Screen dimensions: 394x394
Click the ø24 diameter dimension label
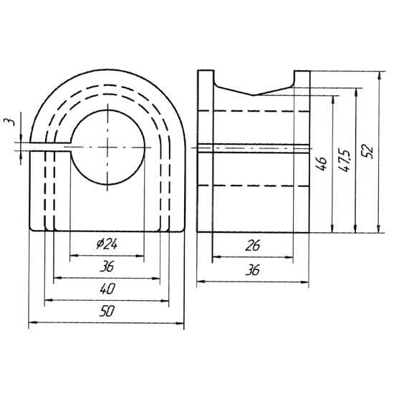coord(107,244)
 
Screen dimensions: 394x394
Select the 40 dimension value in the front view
coord(107,289)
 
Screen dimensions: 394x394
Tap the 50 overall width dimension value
coord(107,311)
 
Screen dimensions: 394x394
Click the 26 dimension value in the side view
coord(253,246)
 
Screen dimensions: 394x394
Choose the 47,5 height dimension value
coord(345,161)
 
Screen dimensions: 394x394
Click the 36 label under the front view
coord(107,266)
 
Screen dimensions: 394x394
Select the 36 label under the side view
coord(253,270)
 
